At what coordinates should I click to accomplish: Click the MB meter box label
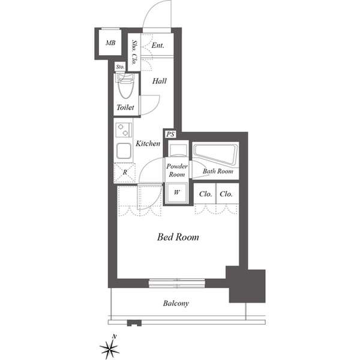(110, 43)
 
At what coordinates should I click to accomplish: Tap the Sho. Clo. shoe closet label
(134, 52)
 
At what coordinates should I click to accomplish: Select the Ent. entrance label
(158, 45)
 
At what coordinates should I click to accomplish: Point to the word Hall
(160, 81)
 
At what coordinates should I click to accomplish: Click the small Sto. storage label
(120, 67)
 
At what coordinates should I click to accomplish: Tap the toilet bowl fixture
(125, 85)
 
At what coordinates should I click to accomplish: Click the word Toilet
(125, 107)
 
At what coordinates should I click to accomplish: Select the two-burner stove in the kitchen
(124, 130)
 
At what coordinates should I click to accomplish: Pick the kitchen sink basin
(124, 151)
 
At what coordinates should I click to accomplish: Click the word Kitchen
(148, 143)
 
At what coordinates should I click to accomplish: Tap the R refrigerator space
(125, 172)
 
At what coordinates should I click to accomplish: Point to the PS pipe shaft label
(170, 134)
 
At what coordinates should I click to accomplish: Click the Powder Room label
(177, 170)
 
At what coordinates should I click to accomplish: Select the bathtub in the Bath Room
(215, 154)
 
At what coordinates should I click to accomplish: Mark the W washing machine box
(176, 193)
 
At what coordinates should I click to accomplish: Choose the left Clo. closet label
(205, 194)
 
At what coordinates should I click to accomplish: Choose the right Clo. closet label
(226, 194)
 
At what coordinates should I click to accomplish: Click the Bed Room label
(178, 237)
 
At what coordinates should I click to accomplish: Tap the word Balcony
(176, 304)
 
